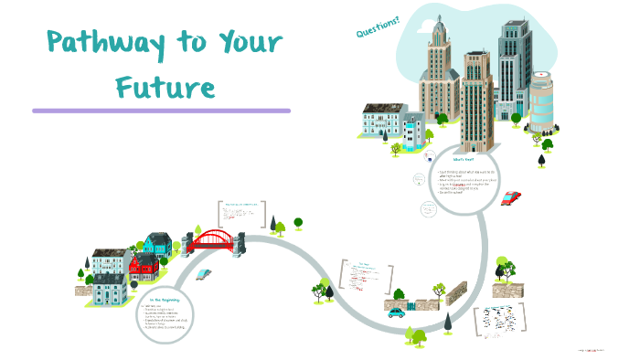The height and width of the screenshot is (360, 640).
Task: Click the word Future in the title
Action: coord(165,88)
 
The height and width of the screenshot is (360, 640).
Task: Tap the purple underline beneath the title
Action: coord(161,111)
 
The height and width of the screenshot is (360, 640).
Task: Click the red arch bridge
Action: coord(217,239)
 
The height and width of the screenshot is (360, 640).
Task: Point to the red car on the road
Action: coord(510,198)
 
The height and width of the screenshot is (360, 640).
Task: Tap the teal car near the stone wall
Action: coord(395,312)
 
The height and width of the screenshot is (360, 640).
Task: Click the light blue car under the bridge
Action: coord(206,273)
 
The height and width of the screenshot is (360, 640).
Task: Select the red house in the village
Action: coord(144,268)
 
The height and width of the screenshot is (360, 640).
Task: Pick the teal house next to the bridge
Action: coord(157,243)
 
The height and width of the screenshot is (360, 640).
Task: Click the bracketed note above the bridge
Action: coord(239,216)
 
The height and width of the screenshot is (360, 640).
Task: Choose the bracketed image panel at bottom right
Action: coord(502,322)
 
